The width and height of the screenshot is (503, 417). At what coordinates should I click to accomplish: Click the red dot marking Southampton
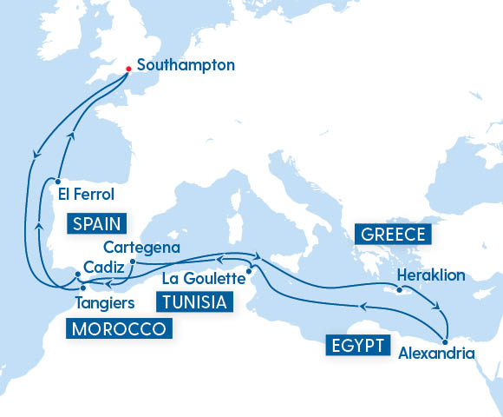pos(128,69)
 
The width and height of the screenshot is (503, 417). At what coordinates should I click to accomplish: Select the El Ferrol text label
pos(86,195)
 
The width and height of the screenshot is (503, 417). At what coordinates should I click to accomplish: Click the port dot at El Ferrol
pos(56,182)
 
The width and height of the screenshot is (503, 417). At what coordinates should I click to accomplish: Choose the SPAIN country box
pos(96,222)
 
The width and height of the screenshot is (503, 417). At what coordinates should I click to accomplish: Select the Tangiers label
pos(104,303)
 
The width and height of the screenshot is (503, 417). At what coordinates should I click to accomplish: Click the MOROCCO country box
pos(118,329)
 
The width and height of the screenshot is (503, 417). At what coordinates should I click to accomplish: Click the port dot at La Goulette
pos(249,271)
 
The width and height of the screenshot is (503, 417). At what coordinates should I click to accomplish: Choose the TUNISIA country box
pos(195,302)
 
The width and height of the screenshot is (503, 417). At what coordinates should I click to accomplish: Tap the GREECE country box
pos(392,235)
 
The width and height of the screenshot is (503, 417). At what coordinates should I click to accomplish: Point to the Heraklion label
pos(431,275)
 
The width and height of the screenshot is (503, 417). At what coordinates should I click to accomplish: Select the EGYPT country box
pos(356,345)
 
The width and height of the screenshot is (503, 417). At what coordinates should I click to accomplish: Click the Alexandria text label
pos(436,354)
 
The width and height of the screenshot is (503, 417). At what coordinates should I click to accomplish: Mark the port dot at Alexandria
pos(445,339)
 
